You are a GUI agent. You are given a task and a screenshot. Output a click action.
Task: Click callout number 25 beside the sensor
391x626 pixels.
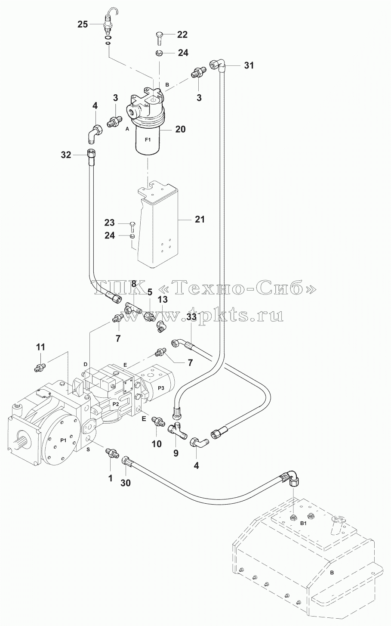pos(83,24)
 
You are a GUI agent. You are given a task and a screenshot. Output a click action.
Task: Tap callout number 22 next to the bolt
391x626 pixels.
pos(182,34)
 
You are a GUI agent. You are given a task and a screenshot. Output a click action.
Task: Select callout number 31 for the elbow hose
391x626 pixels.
pos(249,65)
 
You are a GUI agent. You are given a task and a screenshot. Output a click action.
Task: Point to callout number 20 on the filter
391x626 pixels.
pos(180,129)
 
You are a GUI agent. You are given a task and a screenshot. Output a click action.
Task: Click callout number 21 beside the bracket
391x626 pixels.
pos(200,220)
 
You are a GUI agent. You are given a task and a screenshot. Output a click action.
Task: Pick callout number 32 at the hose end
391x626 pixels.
pos(66,155)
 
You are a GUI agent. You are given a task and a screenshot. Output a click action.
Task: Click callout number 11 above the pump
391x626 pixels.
pos(41,347)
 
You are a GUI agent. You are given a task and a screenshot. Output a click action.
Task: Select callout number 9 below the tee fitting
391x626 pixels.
pos(175,453)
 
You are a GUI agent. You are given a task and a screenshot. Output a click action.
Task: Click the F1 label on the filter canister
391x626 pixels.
pos(148,140)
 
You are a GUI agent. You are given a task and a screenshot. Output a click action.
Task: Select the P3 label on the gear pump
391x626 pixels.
pos(161,388)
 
